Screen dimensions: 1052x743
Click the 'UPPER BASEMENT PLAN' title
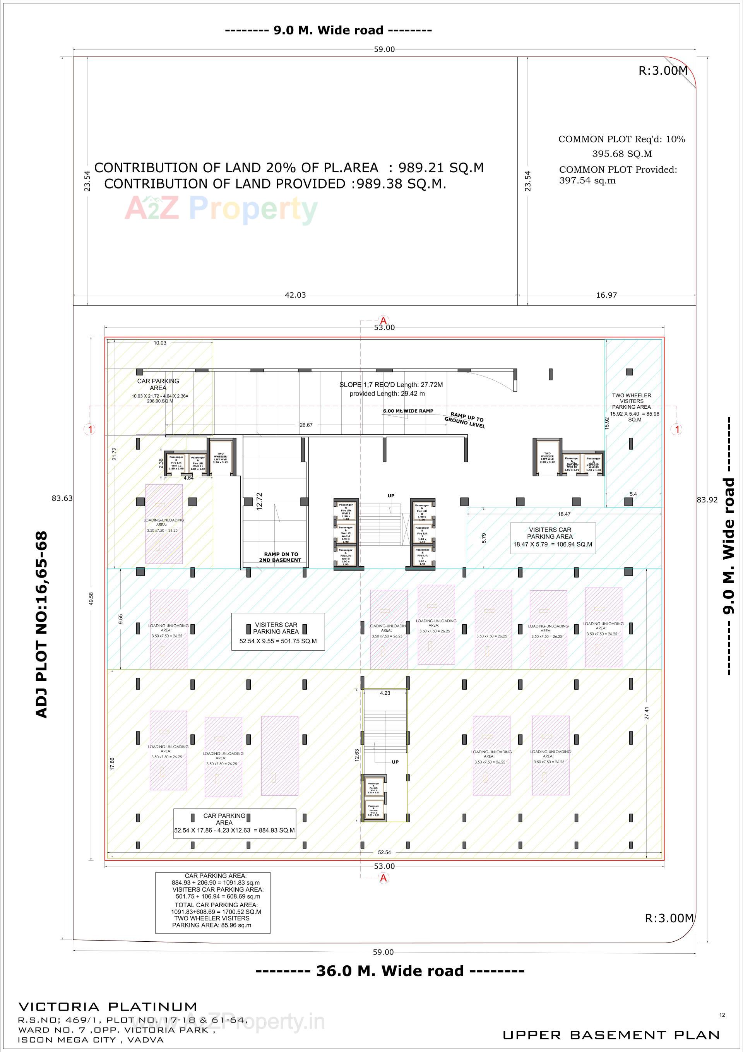[x=611, y=1035]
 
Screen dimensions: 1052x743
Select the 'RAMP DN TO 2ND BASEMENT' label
[x=279, y=557]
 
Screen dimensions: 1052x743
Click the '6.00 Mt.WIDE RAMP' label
[x=408, y=411]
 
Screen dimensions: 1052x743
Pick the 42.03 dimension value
[x=295, y=295]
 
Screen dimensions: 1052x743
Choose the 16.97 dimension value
[x=606, y=295]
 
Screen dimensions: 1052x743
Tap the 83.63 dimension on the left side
[x=62, y=498]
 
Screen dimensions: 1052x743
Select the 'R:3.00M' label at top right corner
[x=663, y=70]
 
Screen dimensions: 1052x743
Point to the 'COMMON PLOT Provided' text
[x=618, y=170]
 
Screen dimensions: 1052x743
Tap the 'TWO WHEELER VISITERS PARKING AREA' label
[x=631, y=401]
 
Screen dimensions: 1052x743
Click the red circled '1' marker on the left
[x=90, y=429]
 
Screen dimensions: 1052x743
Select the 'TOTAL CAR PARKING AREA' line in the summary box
[x=216, y=905]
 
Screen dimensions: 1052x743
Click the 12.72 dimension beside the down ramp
[x=259, y=502]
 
